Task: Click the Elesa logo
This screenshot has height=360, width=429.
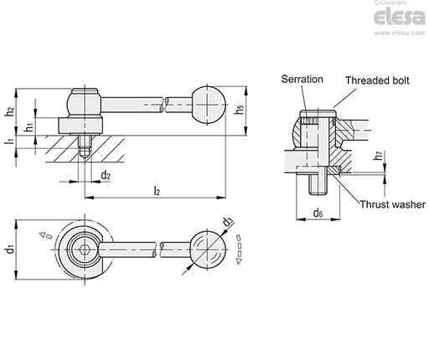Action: coord(400,18)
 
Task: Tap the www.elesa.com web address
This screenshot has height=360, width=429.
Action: coord(400,33)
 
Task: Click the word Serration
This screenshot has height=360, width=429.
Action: coord(302,80)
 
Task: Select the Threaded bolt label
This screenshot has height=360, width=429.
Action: coord(377,80)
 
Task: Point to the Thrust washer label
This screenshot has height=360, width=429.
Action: coord(392,204)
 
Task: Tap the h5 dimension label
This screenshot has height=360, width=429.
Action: coord(240,109)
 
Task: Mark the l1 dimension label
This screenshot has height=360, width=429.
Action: coord(10,141)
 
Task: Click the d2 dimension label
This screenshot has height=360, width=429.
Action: coord(106,176)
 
